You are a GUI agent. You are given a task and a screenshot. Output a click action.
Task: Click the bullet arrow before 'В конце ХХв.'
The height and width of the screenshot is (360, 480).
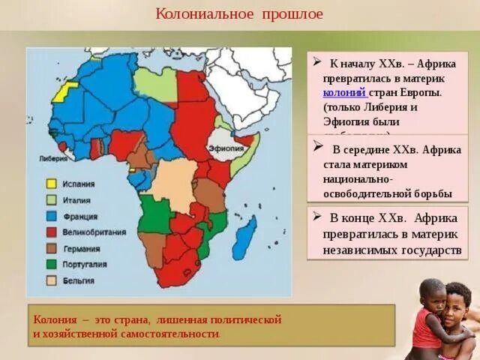click(317, 217)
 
